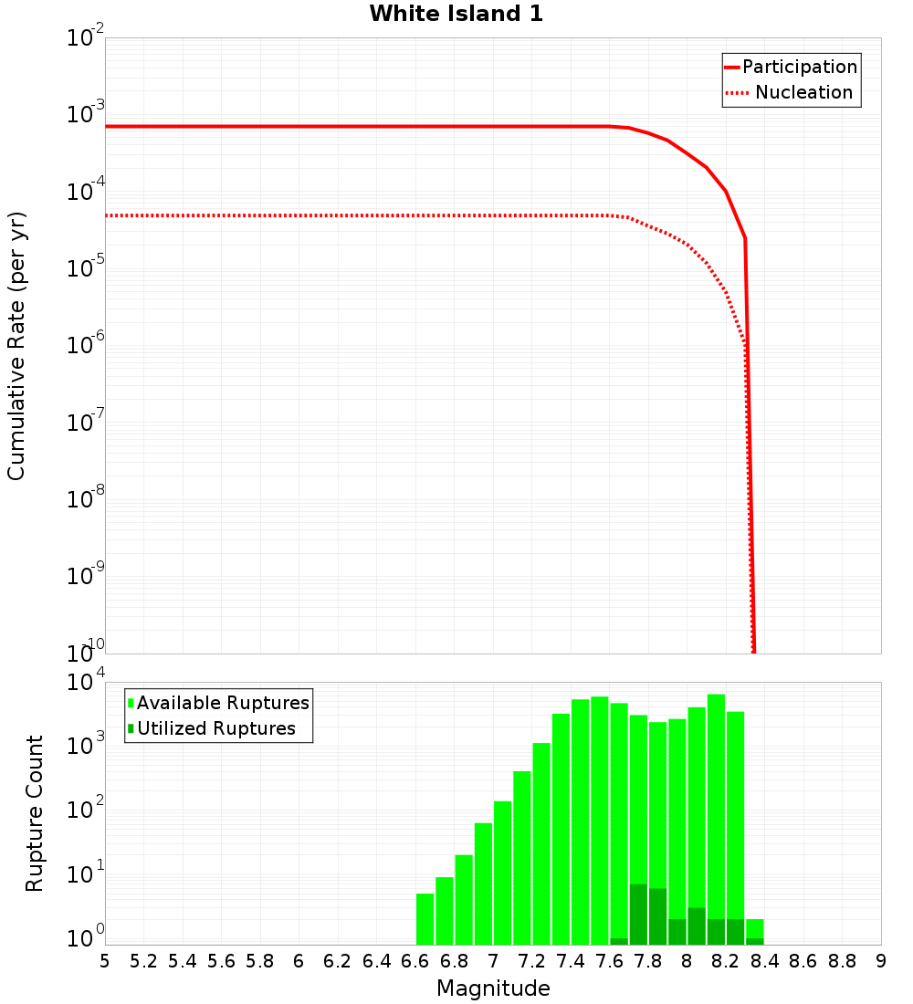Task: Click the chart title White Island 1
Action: (x=456, y=15)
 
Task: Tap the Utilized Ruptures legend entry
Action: (x=215, y=729)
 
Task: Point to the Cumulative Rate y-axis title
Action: (x=16, y=346)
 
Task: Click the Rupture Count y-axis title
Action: (x=35, y=813)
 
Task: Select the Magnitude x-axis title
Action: (x=493, y=988)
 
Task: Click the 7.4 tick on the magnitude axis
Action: (x=571, y=961)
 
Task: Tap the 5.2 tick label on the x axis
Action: (x=144, y=961)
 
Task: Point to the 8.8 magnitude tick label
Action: (x=842, y=961)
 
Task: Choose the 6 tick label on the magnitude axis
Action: (x=299, y=961)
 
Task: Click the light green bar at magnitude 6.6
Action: (x=425, y=919)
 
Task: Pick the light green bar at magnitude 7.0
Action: (x=503, y=873)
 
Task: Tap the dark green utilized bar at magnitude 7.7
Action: (x=638, y=915)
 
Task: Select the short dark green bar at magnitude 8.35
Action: (x=755, y=941)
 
